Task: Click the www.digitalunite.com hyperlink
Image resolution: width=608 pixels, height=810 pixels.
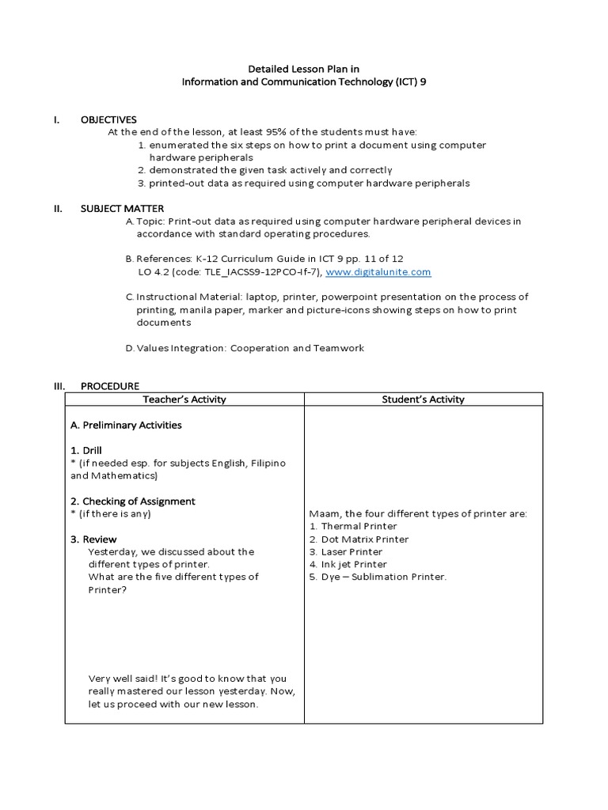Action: pyautogui.click(x=378, y=272)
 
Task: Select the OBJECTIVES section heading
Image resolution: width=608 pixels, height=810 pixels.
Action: pyautogui.click(x=108, y=119)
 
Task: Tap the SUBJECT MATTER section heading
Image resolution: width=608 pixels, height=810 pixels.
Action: pyautogui.click(x=122, y=209)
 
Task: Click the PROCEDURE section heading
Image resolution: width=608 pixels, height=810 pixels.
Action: pyautogui.click(x=110, y=386)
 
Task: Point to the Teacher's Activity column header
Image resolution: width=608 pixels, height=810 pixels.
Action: pyautogui.click(x=184, y=399)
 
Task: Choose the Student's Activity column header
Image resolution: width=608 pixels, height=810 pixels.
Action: pyautogui.click(x=423, y=399)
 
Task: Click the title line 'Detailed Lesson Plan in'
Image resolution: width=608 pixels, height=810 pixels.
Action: pyautogui.click(x=304, y=69)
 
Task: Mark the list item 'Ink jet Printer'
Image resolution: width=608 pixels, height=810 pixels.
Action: pyautogui.click(x=354, y=564)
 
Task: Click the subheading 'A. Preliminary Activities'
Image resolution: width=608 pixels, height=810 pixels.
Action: pyautogui.click(x=126, y=425)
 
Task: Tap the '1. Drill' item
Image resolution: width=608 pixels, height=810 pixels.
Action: pyautogui.click(x=86, y=450)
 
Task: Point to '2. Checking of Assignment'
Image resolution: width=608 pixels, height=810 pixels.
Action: pyautogui.click(x=132, y=501)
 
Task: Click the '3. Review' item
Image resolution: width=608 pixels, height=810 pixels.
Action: pyautogui.click(x=93, y=539)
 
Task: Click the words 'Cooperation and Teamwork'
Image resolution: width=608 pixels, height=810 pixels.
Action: pyautogui.click(x=297, y=348)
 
